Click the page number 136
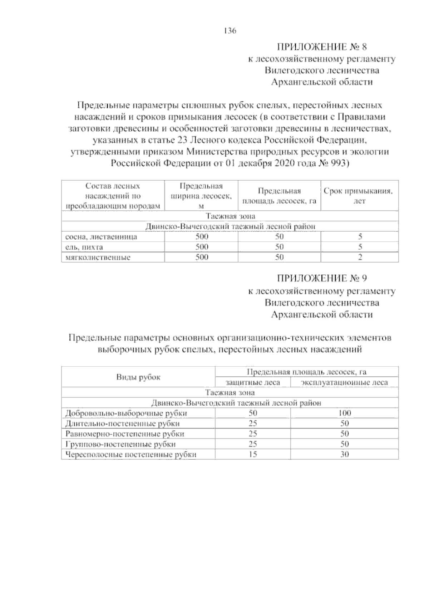pos(230,31)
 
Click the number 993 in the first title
pos(338,163)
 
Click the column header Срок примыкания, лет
pos(359,196)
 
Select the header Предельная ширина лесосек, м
pos(201,196)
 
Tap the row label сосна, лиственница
pos(101,237)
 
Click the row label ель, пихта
pos(84,247)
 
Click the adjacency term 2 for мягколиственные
pos(360,257)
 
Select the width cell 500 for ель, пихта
pos(202,247)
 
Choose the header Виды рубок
pos(138,377)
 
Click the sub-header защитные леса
pos(253,382)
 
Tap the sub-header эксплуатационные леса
pos(344,382)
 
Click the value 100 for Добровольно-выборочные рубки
pos(345,413)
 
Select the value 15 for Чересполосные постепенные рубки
pos(253,455)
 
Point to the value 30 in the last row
pos(345,455)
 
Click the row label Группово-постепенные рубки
pos(120,444)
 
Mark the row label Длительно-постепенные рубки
pos(122,424)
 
